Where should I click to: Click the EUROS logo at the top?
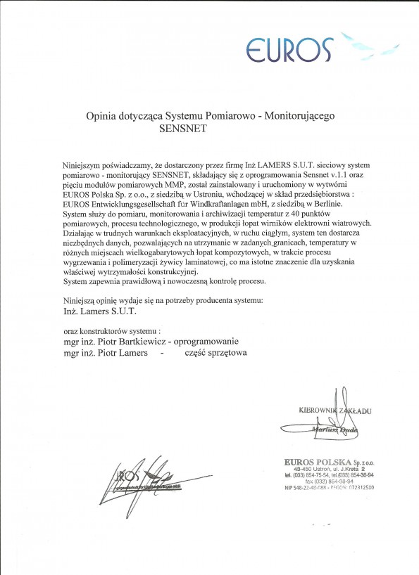pyautogui.click(x=289, y=48)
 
